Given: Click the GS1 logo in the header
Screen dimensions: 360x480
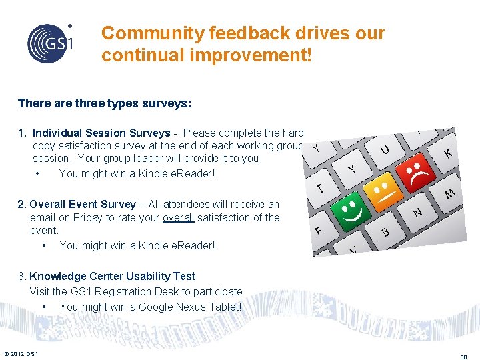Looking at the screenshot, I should point(49,43).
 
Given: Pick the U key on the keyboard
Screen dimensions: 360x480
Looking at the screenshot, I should point(385,150).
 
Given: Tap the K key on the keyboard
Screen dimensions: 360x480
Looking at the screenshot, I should point(448,153).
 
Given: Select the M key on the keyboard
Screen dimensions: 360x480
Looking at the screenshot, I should point(450,194).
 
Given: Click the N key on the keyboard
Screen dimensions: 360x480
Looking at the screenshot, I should point(417,213).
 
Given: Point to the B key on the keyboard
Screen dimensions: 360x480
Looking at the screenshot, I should point(385,232).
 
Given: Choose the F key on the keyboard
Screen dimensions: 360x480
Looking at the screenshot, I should point(319,231).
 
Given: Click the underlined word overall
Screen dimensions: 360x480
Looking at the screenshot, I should point(178,217).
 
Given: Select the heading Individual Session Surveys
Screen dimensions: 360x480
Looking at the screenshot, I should point(101,133).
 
